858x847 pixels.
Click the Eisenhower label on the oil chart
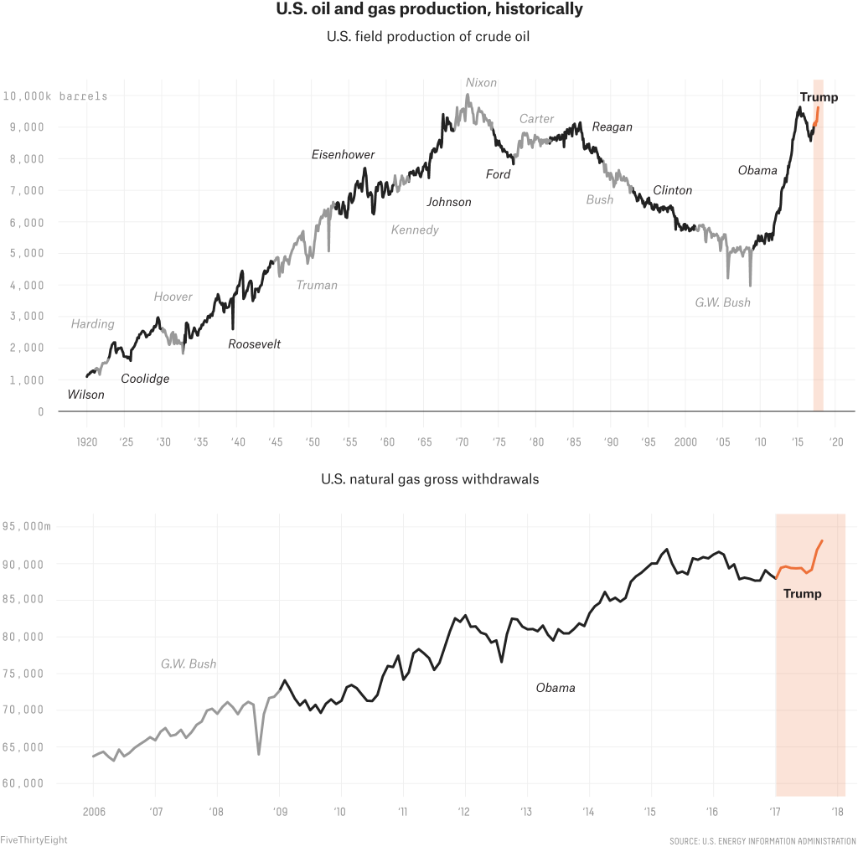click(343, 154)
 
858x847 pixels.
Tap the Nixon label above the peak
click(481, 83)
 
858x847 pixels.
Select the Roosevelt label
click(254, 343)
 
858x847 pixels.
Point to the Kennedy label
click(415, 230)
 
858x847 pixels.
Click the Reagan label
click(612, 127)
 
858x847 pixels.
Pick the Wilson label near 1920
click(85, 395)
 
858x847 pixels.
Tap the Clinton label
click(672, 190)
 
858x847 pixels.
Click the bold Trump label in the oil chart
click(819, 97)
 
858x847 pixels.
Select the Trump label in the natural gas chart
click(802, 593)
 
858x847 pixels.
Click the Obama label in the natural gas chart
click(556, 688)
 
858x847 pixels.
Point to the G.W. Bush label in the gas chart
click(189, 664)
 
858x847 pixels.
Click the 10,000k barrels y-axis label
click(54, 96)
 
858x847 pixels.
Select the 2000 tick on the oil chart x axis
click(685, 442)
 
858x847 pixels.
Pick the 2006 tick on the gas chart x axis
click(92, 811)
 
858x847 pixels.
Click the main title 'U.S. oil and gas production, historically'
click(429, 11)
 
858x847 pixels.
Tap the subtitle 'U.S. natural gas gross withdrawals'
click(429, 480)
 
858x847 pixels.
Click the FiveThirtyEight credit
click(34, 839)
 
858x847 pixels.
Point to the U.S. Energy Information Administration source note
click(762, 839)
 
